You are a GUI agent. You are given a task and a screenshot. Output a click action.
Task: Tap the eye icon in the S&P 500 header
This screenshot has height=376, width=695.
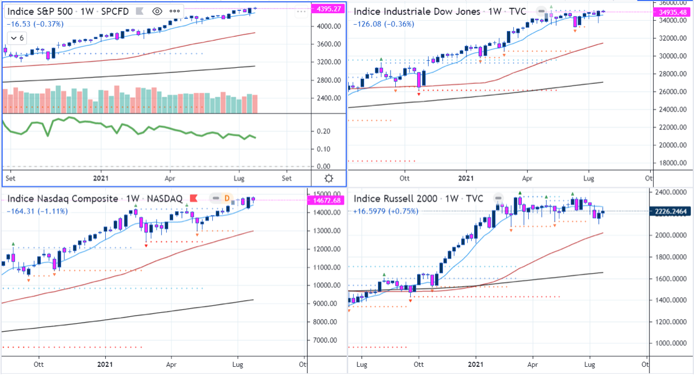pos(156,11)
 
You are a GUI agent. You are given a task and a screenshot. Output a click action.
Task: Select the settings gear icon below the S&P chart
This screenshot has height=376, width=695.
pos(329,178)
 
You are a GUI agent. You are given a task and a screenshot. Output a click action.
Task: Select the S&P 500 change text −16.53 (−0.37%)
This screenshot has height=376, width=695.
pos(35,24)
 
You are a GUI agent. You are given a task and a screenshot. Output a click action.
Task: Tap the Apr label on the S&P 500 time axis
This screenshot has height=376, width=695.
pos(170,178)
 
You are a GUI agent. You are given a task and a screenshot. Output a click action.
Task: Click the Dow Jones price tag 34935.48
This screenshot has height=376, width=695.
pos(673,12)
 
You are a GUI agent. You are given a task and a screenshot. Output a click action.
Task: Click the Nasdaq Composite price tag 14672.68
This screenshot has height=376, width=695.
pos(326,200)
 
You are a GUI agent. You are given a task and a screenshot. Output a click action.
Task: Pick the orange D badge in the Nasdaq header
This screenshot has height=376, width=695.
pos(227,198)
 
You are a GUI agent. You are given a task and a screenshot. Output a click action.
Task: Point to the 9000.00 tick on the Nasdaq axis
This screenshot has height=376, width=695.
pos(324,304)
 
